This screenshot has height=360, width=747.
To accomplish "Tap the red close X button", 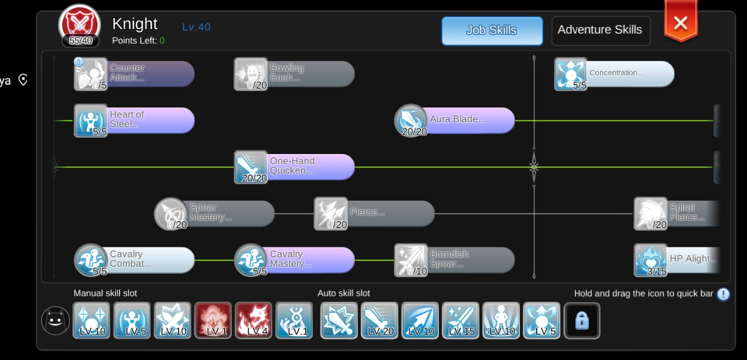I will click(x=680, y=23).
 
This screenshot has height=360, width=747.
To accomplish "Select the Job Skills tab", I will click(x=491, y=30).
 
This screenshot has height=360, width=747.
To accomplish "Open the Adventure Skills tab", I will click(x=600, y=30).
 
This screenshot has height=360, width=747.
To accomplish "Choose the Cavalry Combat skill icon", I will click(x=90, y=260).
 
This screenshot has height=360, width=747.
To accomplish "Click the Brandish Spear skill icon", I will click(x=411, y=260).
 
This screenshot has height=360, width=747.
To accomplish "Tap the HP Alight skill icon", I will click(x=651, y=260).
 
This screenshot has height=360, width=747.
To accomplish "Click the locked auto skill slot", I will click(x=582, y=320).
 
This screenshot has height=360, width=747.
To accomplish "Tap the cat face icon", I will click(x=56, y=321).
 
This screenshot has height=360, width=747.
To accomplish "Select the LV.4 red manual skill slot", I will click(x=254, y=320).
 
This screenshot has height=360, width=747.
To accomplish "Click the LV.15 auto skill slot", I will click(x=460, y=320).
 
